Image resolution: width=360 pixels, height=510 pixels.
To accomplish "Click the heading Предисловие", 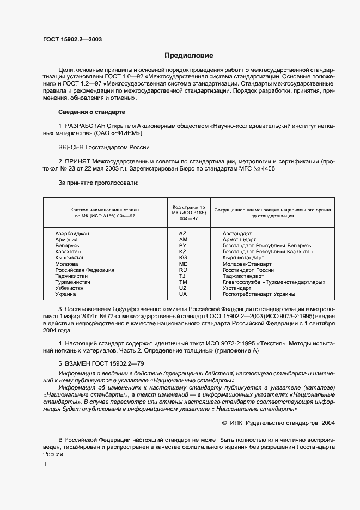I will pyautogui.click(x=189, y=56).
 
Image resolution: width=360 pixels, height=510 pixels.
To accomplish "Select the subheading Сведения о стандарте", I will pyautogui.click(x=91, y=112).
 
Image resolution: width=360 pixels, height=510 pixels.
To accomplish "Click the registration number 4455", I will pyautogui.click(x=267, y=169).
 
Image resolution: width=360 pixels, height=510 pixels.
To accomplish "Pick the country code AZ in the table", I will pyautogui.click(x=183, y=233).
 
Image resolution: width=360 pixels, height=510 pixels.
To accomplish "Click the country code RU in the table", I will pyautogui.click(x=183, y=270).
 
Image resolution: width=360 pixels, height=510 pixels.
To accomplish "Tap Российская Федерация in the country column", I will pyautogui.click(x=84, y=270).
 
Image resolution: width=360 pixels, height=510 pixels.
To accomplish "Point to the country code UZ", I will pyautogui.click(x=183, y=288).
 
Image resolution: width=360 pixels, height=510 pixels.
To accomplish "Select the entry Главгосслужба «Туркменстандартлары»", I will pyautogui.click(x=274, y=282).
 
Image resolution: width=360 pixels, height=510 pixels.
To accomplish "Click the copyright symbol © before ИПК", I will pyautogui.click(x=225, y=422).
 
